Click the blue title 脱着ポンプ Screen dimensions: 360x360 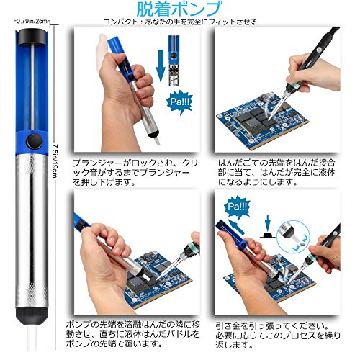point(179,9)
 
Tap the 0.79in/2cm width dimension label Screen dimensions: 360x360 point(32,22)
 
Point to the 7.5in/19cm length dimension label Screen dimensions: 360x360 point(55,161)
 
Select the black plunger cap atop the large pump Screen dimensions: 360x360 point(32,37)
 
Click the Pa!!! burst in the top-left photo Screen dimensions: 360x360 point(179,102)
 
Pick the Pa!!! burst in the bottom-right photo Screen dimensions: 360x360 point(237,207)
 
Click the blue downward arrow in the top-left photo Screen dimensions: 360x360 point(161,66)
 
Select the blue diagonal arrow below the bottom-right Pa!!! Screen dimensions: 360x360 point(236,227)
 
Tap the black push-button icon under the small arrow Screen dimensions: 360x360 point(268,235)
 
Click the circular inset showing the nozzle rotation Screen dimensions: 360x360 point(293,236)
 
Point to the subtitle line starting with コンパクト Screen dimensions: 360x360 point(180,22)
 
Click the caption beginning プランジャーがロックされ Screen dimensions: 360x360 point(135,172)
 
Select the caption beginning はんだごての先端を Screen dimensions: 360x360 point(276,172)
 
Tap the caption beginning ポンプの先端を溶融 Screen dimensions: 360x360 point(133,334)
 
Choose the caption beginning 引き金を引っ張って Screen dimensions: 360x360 point(278,336)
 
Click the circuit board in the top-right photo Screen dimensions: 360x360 point(262,120)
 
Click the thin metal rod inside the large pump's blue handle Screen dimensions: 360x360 point(32,87)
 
